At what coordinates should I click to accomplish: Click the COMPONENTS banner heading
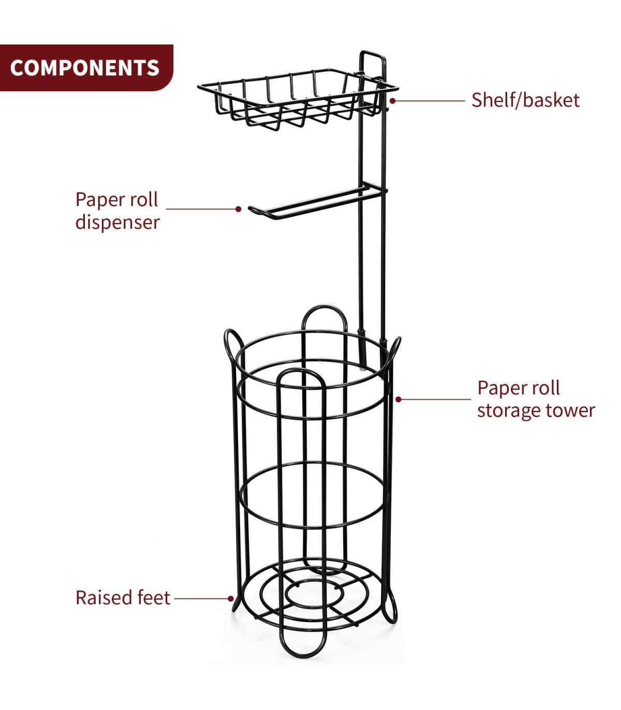click(x=84, y=68)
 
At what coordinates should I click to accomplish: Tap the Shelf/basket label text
click(x=525, y=100)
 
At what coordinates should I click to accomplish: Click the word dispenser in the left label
click(x=117, y=222)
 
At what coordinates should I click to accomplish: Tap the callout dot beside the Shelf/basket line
click(x=393, y=100)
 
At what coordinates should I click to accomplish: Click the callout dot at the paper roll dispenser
click(x=238, y=209)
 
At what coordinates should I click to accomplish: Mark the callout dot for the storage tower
click(x=398, y=399)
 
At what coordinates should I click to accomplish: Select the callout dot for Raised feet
click(x=231, y=598)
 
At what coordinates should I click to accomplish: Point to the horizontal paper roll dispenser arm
click(x=316, y=202)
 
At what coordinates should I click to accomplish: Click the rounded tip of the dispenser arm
click(x=252, y=210)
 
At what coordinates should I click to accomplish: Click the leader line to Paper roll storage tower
click(x=435, y=399)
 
